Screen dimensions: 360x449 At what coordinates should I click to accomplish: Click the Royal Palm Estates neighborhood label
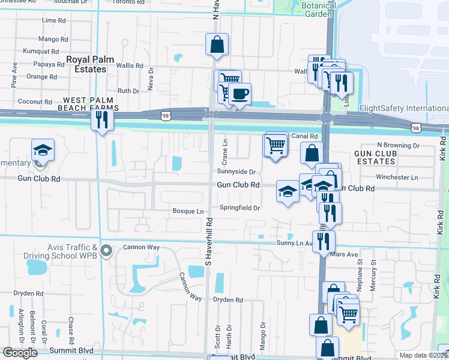pyautogui.click(x=86, y=64)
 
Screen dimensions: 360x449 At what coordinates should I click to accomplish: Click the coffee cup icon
pyautogui.click(x=240, y=94)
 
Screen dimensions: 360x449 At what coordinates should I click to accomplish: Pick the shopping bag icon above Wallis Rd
pyautogui.click(x=217, y=44)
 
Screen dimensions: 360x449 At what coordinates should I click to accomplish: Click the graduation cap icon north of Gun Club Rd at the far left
pyautogui.click(x=42, y=149)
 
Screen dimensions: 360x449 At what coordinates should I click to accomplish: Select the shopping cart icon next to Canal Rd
pyautogui.click(x=276, y=145)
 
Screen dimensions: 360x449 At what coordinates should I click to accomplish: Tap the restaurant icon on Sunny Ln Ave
pyautogui.click(x=323, y=241)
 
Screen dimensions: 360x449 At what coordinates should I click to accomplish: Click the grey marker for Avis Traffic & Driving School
pyautogui.click(x=107, y=250)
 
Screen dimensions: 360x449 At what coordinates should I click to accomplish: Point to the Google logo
pyautogui.click(x=20, y=353)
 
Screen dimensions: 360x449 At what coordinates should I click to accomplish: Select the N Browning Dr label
pyautogui.click(x=397, y=146)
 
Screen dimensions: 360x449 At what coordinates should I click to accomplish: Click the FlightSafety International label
pyautogui.click(x=403, y=109)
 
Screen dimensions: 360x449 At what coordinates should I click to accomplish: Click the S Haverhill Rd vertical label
pyautogui.click(x=209, y=242)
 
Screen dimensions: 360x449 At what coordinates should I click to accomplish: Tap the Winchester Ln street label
pyautogui.click(x=396, y=178)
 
